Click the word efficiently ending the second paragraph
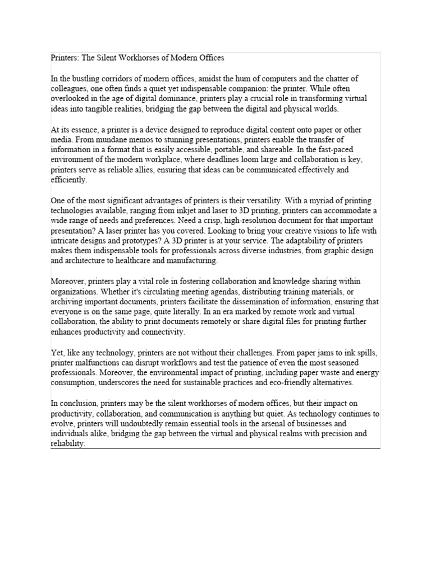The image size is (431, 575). point(69,180)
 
